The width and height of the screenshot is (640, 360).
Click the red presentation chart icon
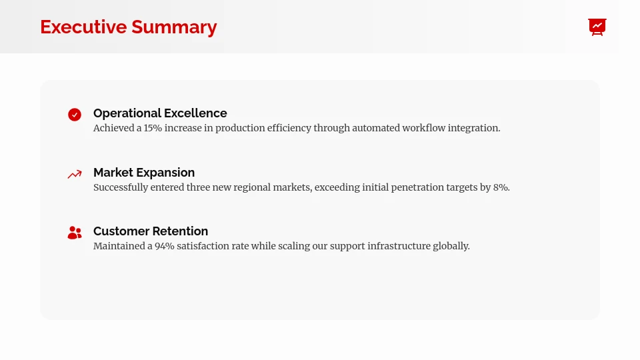point(597,27)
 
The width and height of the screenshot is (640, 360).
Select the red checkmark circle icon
point(75,115)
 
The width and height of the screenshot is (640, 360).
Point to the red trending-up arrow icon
point(75,174)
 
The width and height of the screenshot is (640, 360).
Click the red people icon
point(75,233)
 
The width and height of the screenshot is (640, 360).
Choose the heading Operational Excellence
point(160,113)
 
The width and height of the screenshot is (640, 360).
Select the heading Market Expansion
point(144,173)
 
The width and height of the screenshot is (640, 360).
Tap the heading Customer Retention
point(151,231)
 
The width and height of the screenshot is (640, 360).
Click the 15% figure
point(153,128)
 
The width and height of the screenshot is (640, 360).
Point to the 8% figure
point(501,187)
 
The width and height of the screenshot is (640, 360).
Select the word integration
point(473,128)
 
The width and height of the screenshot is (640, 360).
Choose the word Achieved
point(113,128)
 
